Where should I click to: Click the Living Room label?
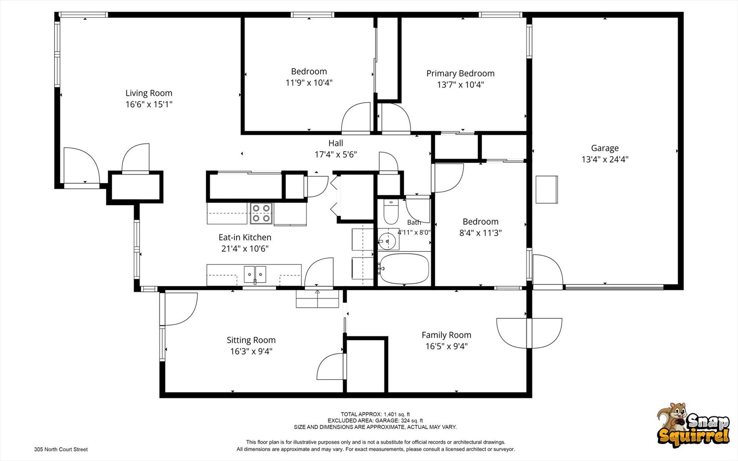[149, 93]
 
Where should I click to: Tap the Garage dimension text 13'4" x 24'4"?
[605, 159]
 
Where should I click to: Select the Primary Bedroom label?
[461, 73]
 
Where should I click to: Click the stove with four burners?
[261, 213]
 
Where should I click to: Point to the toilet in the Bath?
[391, 212]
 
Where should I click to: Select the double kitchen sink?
[255, 274]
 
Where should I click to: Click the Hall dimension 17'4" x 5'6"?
[336, 155]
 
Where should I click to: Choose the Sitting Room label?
[251, 340]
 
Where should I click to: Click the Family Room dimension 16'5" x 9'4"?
[446, 346]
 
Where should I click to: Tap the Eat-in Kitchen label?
[245, 237]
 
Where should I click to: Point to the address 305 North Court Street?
[61, 449]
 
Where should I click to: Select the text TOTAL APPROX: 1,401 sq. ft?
[375, 414]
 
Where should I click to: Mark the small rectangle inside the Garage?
[547, 190]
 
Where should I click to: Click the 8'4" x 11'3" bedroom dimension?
[481, 233]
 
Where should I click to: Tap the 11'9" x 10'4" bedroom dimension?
[309, 82]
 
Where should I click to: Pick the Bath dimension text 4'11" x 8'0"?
[414, 232]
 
